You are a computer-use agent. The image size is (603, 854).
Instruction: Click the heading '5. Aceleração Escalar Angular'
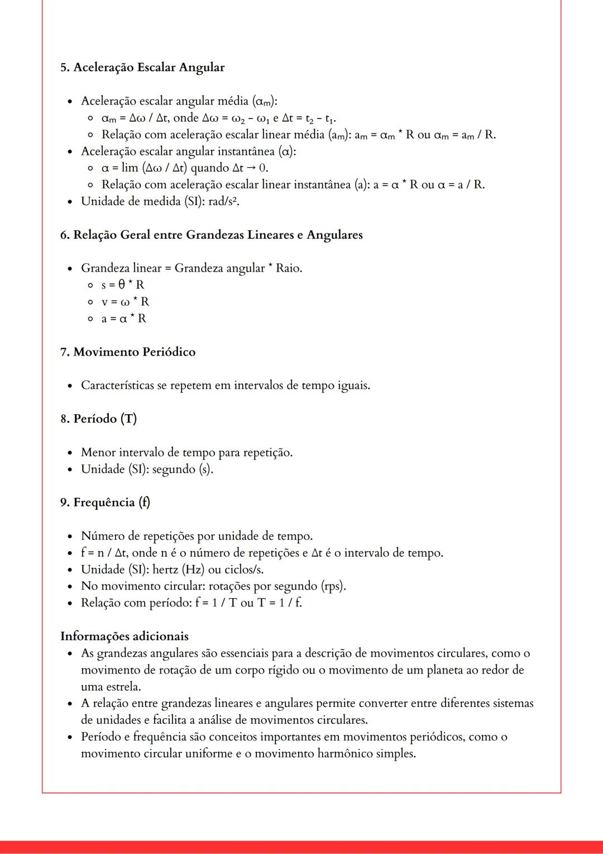[142, 68]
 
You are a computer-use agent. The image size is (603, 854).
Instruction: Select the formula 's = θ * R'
[123, 285]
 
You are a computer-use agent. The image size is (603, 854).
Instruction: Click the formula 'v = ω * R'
[125, 302]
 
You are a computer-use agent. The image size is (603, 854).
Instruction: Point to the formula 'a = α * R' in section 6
[123, 319]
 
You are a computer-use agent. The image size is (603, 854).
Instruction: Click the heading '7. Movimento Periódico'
[128, 352]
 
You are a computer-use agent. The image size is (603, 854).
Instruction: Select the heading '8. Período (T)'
[98, 419]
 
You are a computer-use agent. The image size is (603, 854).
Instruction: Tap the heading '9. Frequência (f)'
[105, 502]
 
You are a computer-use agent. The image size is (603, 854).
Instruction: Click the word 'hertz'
[165, 570]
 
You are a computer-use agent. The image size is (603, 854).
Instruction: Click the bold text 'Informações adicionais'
[125, 637]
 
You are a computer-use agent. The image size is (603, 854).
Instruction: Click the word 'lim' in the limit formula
[130, 168]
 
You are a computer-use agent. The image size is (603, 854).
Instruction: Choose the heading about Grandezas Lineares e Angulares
[212, 235]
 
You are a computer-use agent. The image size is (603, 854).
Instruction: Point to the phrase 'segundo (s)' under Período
[182, 469]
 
